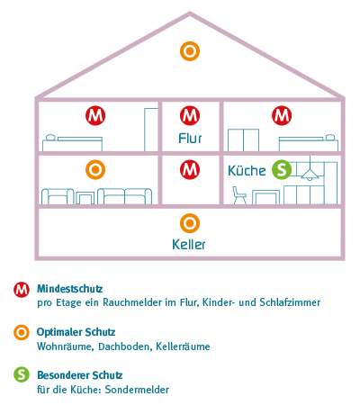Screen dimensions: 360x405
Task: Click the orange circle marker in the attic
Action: (x=190, y=51)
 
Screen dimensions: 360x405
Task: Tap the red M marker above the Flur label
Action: (x=190, y=115)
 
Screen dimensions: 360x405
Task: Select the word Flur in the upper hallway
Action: (x=190, y=139)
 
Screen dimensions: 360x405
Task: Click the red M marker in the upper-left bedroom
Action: (x=95, y=115)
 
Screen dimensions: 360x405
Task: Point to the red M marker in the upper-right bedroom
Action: (x=282, y=115)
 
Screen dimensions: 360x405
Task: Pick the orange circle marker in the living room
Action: (x=95, y=169)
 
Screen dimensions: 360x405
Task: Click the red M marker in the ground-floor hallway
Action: (x=190, y=169)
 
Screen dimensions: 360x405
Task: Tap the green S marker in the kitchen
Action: (x=282, y=169)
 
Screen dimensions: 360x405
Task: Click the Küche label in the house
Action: (x=247, y=170)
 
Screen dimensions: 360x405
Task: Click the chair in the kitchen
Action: (x=239, y=195)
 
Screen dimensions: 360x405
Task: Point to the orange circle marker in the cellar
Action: (x=190, y=223)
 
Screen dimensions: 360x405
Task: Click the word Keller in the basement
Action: (x=189, y=245)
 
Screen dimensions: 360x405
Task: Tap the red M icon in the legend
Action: (x=22, y=290)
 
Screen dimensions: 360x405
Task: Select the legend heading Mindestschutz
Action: (x=70, y=289)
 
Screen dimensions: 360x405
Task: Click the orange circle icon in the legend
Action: (x=22, y=332)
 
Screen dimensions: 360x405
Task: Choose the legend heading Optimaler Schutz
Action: (x=76, y=332)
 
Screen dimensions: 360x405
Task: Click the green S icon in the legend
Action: (x=22, y=374)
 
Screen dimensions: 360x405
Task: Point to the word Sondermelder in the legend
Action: (x=137, y=390)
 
